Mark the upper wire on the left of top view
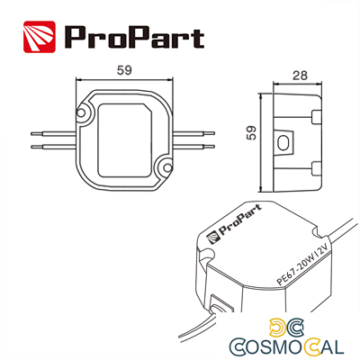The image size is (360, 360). click(49, 130)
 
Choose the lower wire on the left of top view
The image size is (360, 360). click(49, 144)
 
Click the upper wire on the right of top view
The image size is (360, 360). click(196, 130)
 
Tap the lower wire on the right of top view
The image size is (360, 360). click(196, 144)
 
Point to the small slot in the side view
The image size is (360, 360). click(287, 142)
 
